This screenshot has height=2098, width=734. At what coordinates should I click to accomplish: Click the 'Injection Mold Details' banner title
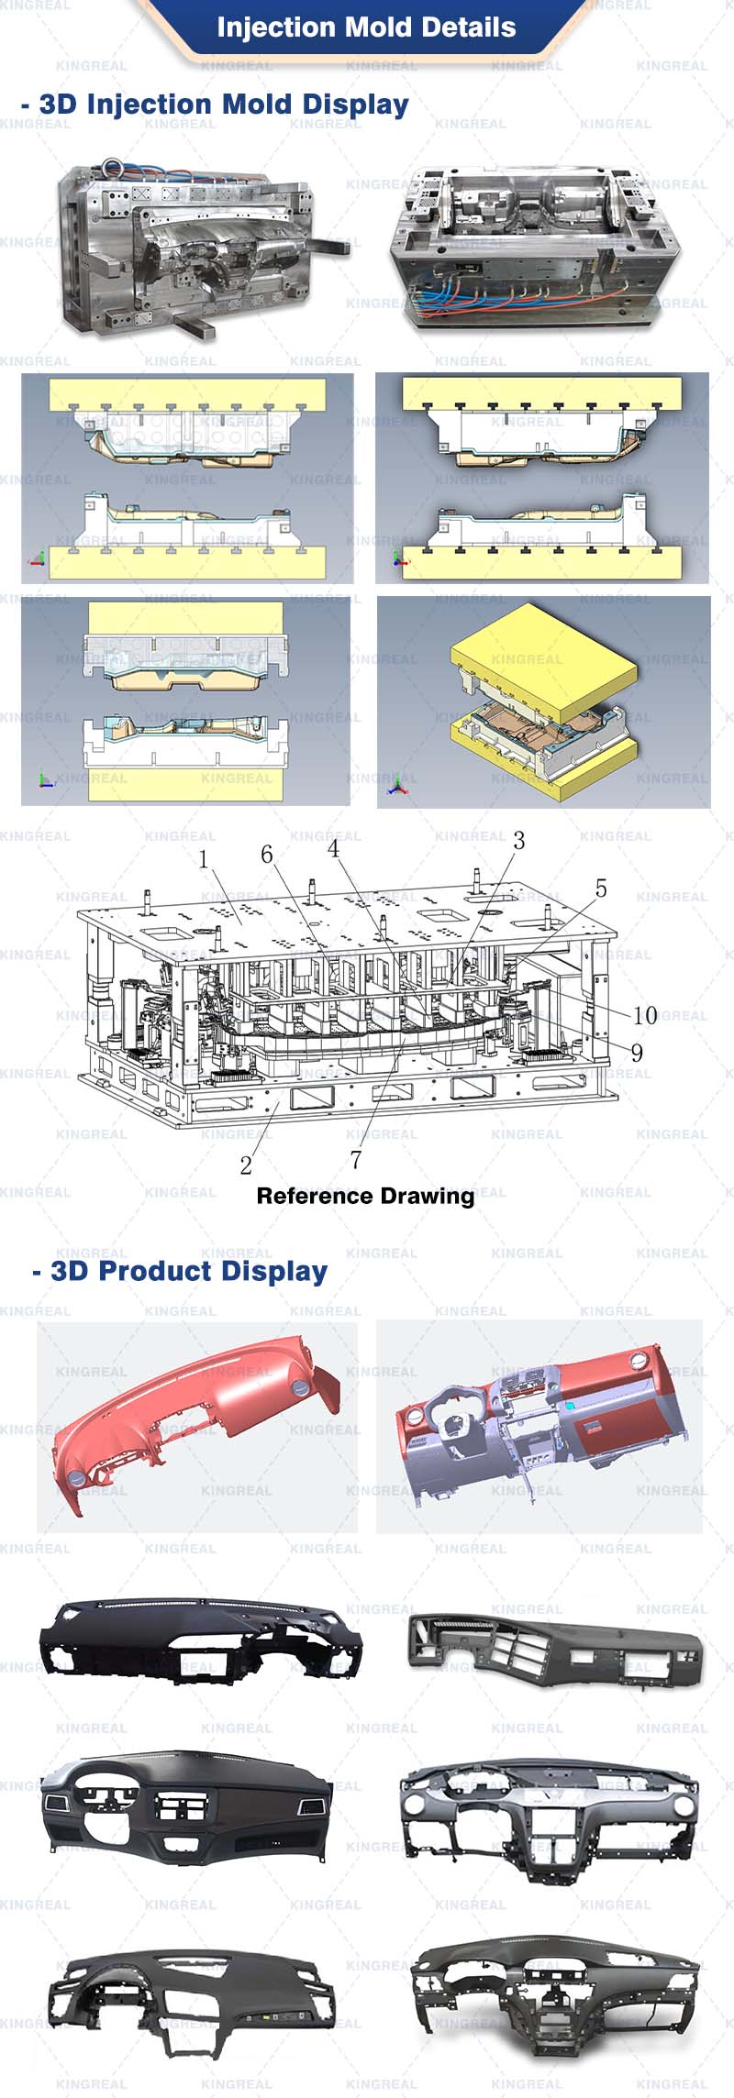click(366, 28)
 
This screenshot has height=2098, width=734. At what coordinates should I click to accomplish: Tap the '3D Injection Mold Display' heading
click(224, 105)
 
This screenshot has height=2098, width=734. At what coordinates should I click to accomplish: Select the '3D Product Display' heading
click(189, 1271)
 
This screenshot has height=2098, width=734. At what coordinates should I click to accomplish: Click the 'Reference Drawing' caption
click(365, 1196)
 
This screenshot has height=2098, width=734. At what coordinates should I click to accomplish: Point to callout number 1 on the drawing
click(204, 860)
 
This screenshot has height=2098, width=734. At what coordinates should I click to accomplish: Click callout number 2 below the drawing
click(246, 1165)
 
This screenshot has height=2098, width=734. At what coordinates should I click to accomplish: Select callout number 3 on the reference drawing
click(518, 841)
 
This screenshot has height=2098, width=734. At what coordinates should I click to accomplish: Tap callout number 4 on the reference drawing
click(333, 848)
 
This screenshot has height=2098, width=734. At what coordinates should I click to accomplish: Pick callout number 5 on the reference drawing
click(601, 889)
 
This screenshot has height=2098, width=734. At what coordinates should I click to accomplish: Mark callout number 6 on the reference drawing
click(267, 855)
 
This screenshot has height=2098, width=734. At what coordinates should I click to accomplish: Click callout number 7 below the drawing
click(356, 1160)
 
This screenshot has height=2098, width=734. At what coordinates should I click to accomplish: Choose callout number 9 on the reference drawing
click(637, 1053)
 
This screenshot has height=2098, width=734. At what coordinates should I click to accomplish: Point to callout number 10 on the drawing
click(645, 1015)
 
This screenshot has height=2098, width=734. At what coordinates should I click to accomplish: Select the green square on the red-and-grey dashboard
click(571, 1406)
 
